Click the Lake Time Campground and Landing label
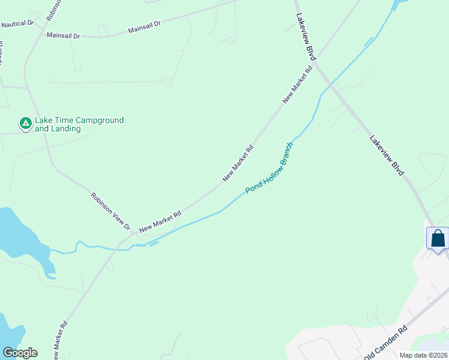(79, 124)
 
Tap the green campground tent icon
(26, 124)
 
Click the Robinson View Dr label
(110, 211)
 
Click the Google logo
(20, 352)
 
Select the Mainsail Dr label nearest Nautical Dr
(64, 36)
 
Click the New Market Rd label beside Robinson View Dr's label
(160, 221)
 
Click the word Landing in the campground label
(66, 129)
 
